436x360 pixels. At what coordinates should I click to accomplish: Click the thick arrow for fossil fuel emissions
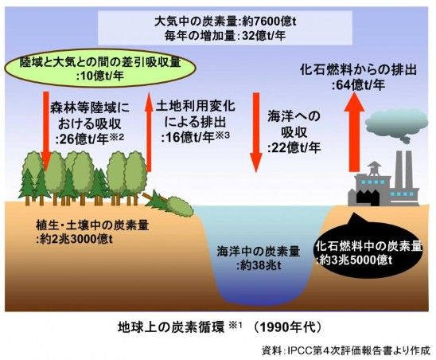tap(354, 131)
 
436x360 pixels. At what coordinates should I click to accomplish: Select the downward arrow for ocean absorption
tap(256, 132)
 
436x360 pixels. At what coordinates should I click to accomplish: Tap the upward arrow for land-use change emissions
tap(149, 131)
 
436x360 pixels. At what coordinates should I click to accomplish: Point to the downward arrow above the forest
tap(46, 130)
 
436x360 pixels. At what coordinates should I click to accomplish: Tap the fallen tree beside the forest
tap(169, 205)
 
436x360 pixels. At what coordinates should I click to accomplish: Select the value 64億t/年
tap(359, 85)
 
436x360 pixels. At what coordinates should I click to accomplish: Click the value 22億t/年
tap(294, 147)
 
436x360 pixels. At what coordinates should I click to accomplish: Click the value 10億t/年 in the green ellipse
tap(100, 76)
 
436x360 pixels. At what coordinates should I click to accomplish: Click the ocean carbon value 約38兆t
tap(259, 265)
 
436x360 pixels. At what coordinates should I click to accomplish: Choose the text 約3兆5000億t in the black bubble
tap(354, 260)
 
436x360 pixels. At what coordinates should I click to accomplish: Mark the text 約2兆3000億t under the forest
tap(74, 239)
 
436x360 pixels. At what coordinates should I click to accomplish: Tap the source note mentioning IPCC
tap(345, 350)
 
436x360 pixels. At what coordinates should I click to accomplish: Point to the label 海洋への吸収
tap(294, 124)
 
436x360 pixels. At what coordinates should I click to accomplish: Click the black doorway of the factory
tap(367, 197)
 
